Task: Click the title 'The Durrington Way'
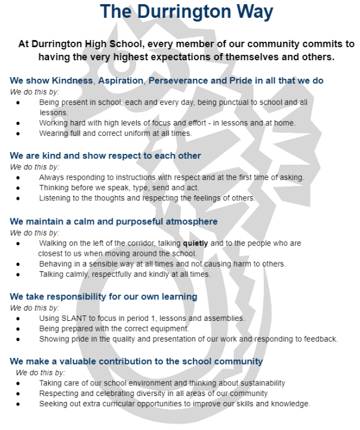tap(179, 11)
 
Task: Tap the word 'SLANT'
tap(70, 318)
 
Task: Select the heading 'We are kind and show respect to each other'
tap(105, 156)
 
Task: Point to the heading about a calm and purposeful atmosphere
tap(113, 222)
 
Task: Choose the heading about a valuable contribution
tap(136, 361)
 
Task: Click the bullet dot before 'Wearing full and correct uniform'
tap(19, 134)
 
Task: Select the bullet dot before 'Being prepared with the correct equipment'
tap(19, 329)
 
